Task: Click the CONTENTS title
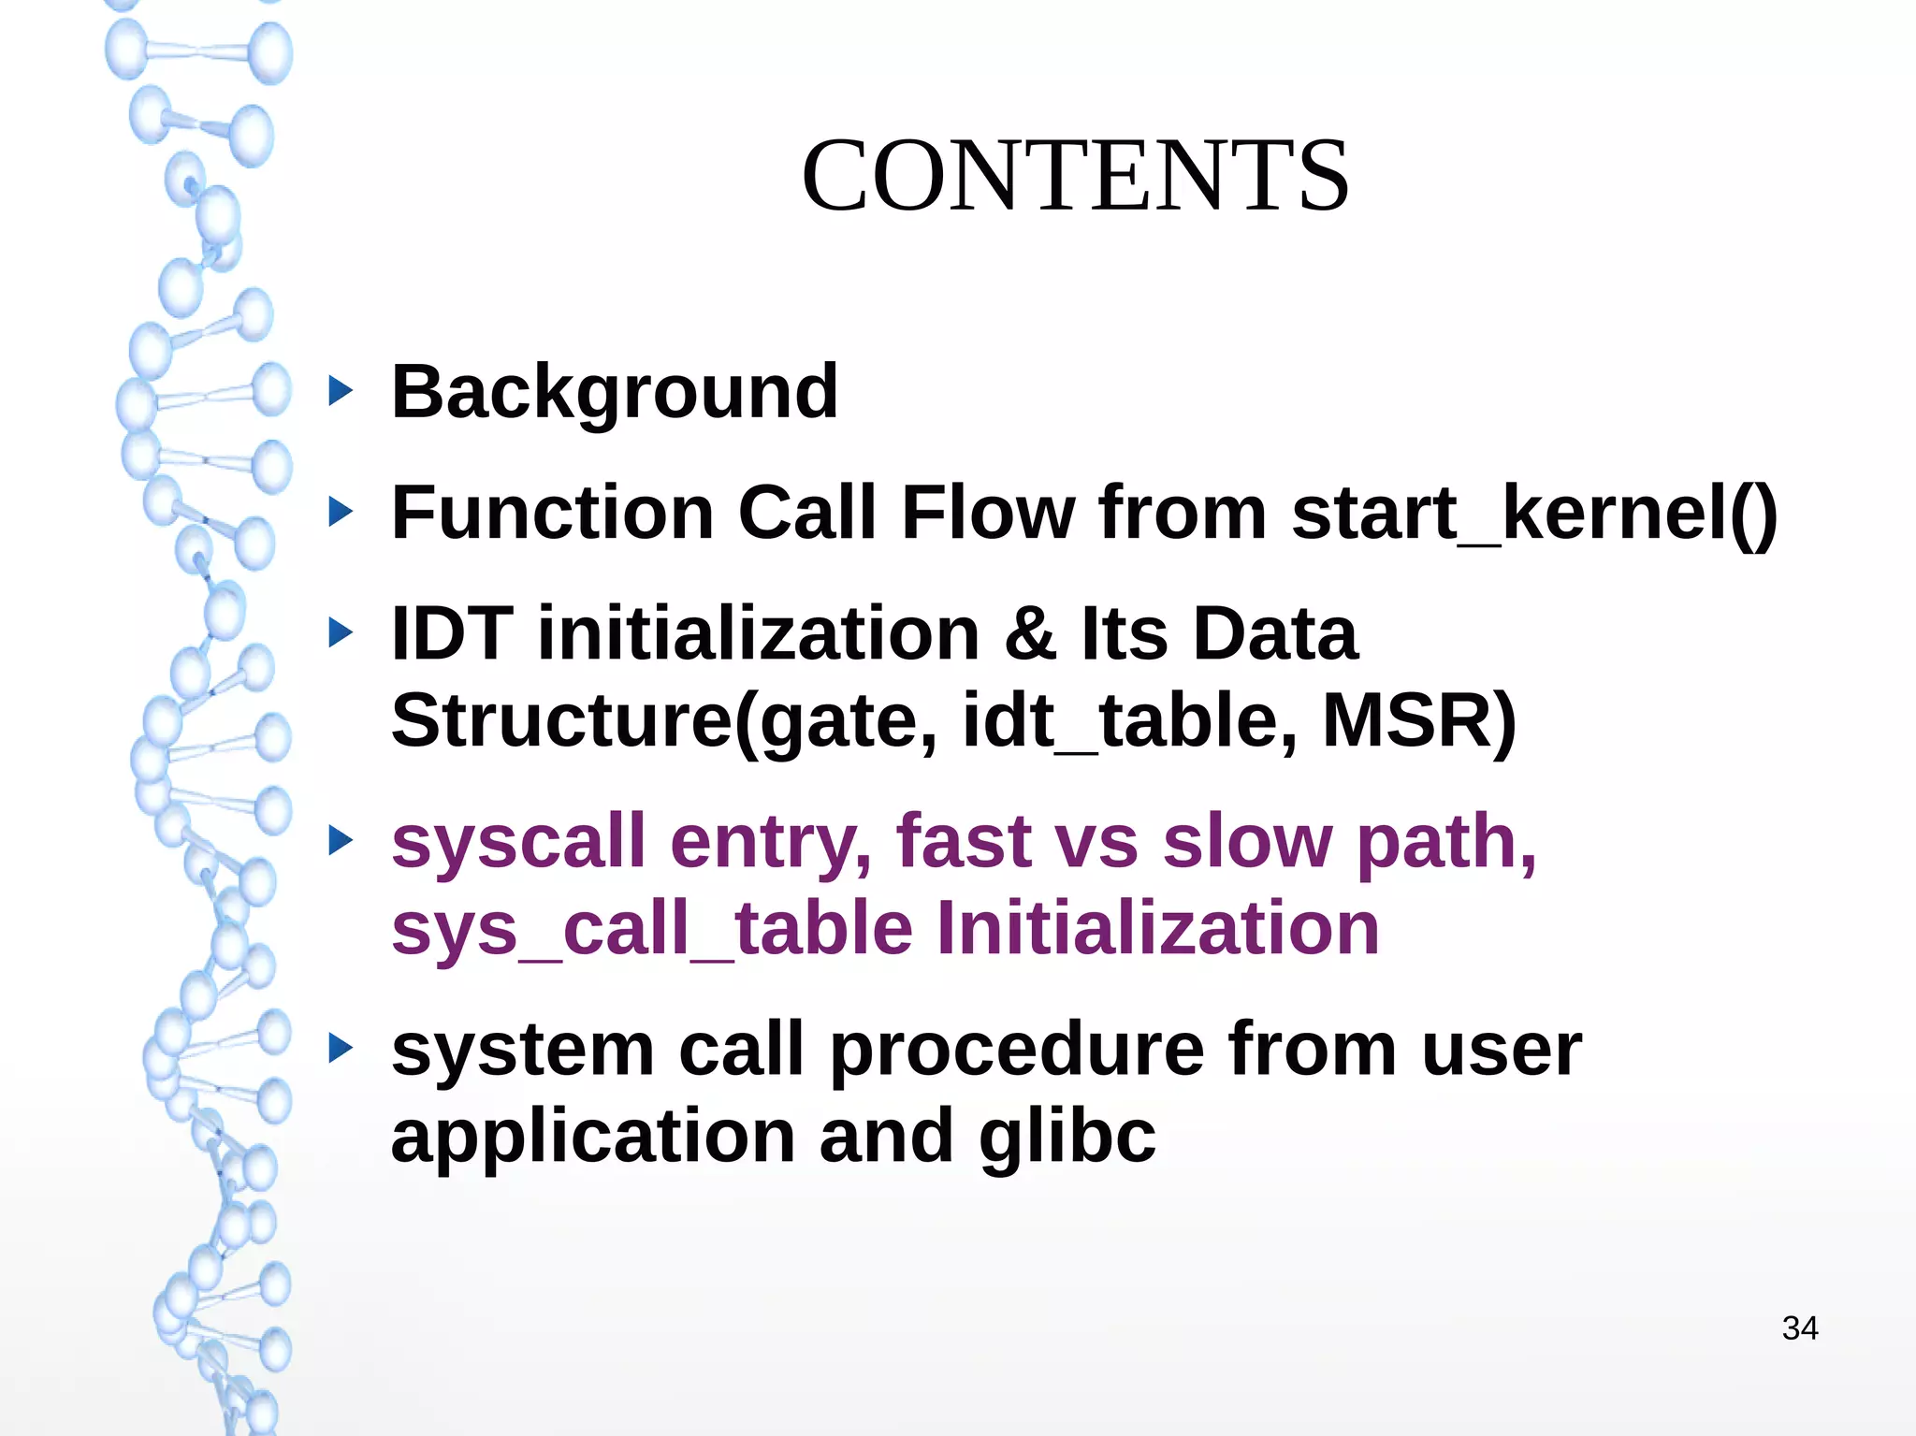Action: [x=1075, y=175]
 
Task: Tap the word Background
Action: [x=615, y=392]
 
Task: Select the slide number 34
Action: [x=1800, y=1328]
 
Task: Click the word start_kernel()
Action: [x=1534, y=514]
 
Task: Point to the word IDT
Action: [x=452, y=633]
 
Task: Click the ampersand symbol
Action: [x=1030, y=633]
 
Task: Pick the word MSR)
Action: [x=1419, y=720]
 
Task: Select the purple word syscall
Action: [x=518, y=842]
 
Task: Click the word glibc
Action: [x=1067, y=1136]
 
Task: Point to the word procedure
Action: [x=1017, y=1050]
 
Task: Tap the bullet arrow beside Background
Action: [x=341, y=391]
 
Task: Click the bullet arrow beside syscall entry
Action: [x=341, y=840]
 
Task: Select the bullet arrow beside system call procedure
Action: [x=341, y=1049]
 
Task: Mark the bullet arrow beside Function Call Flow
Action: [x=341, y=512]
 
